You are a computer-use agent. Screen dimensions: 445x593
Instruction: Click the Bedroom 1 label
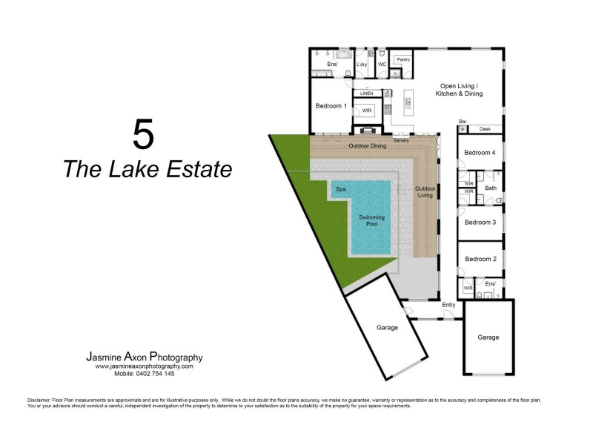(x=331, y=106)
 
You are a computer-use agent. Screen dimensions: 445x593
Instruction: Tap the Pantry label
(x=403, y=59)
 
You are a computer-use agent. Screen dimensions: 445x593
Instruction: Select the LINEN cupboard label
(x=365, y=93)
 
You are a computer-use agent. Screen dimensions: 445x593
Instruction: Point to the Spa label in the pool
(x=342, y=190)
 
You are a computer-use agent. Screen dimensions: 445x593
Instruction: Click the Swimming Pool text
(x=372, y=220)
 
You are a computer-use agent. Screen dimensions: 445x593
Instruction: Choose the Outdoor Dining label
(x=368, y=146)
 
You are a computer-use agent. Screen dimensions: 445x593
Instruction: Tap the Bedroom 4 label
(x=480, y=153)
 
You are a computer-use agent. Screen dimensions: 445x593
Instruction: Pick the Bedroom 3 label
(x=480, y=222)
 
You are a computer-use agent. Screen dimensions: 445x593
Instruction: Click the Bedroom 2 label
(x=480, y=259)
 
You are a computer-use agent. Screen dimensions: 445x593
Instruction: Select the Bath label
(x=491, y=188)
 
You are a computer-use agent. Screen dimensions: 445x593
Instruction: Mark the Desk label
(x=485, y=129)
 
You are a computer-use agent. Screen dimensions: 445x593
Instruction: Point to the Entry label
(x=448, y=305)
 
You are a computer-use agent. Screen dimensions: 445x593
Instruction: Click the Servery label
(x=402, y=140)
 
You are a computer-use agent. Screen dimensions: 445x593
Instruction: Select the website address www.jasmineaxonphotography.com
(x=144, y=366)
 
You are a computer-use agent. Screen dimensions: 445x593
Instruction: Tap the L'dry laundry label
(x=362, y=65)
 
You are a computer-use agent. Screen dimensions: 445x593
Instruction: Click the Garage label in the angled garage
(x=387, y=327)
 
